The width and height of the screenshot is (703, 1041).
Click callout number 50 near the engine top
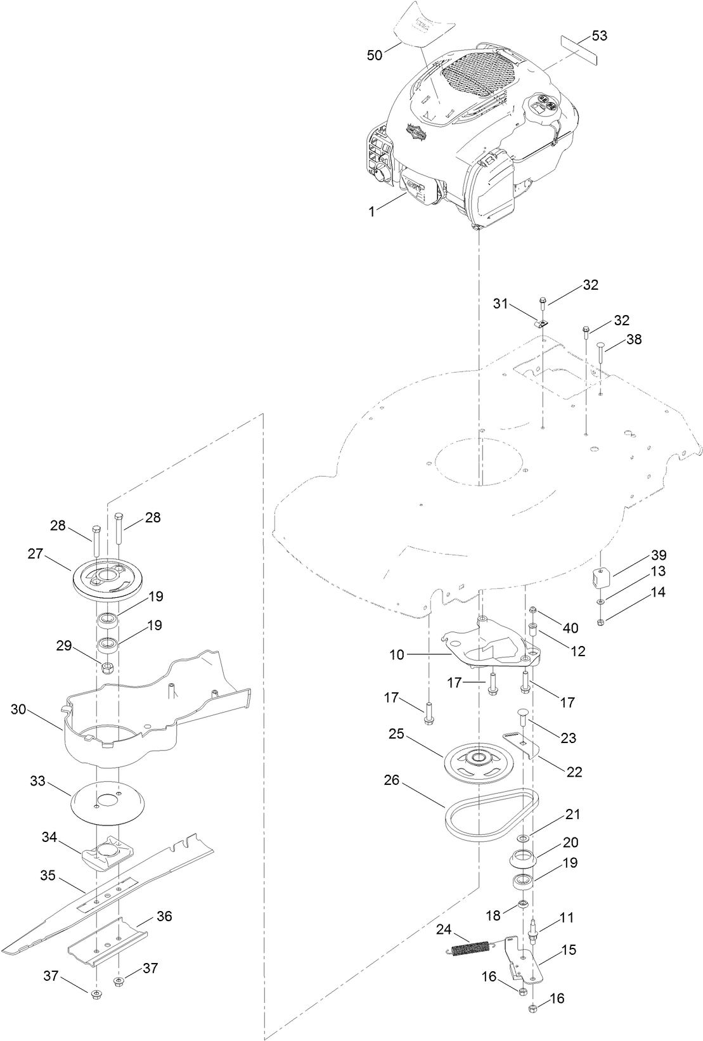click(x=375, y=55)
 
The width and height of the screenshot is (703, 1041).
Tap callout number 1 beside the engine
click(x=371, y=212)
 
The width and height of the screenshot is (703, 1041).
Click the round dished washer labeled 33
click(x=106, y=801)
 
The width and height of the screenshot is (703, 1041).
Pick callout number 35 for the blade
click(x=48, y=876)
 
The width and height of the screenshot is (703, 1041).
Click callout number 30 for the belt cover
click(x=18, y=709)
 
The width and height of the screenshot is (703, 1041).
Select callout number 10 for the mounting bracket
click(x=397, y=654)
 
